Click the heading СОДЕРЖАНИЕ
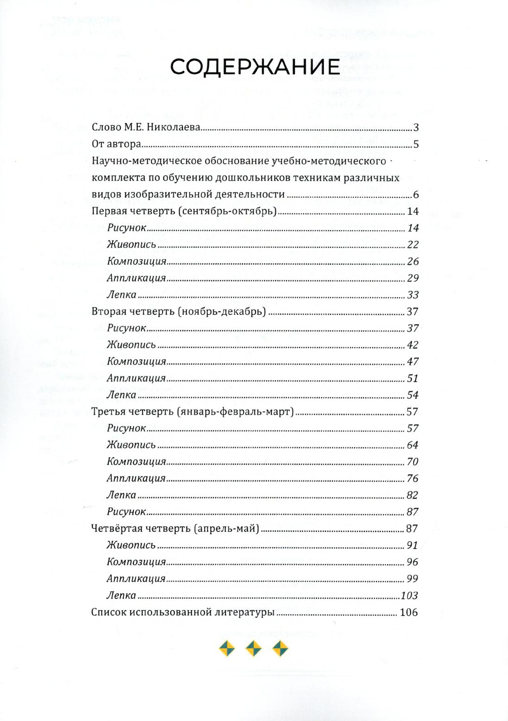click(x=254, y=68)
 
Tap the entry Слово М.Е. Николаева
click(x=146, y=128)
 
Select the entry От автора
click(x=116, y=144)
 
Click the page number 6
click(x=416, y=195)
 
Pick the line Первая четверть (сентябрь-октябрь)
click(x=184, y=211)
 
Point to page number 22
click(x=413, y=245)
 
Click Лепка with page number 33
click(x=121, y=295)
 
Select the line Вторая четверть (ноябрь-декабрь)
click(x=179, y=312)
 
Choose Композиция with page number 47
click(x=136, y=362)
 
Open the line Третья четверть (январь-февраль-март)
click(x=193, y=412)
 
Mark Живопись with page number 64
click(x=131, y=445)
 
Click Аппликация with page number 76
click(x=136, y=479)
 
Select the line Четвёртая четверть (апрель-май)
click(x=175, y=529)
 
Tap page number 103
click(x=410, y=595)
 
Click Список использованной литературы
click(x=183, y=612)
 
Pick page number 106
click(x=409, y=612)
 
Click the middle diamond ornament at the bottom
click(x=254, y=649)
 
